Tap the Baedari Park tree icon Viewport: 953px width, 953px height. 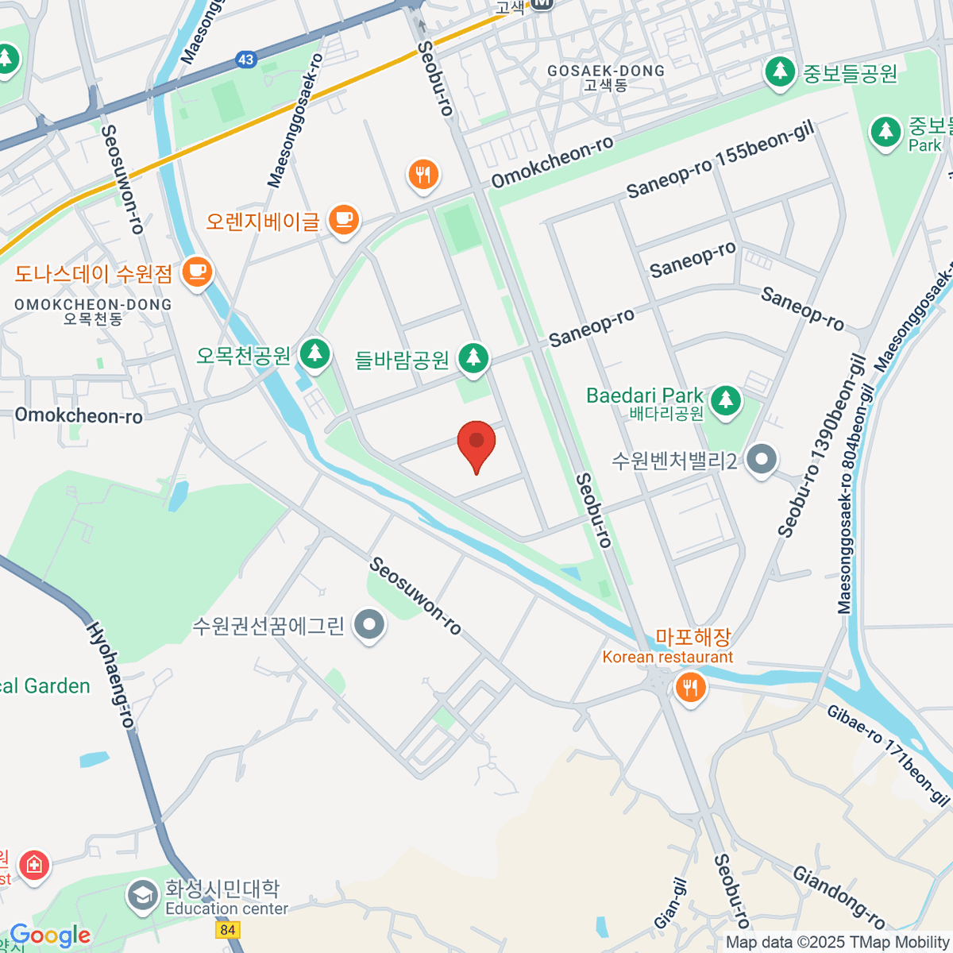pos(725,401)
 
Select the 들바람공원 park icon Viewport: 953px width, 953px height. pos(474,358)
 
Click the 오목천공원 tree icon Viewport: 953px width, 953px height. pos(314,353)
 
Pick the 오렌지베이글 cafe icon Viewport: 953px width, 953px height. pos(343,220)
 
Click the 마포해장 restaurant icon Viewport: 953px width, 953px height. pos(689,686)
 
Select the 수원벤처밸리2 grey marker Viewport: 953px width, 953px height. pos(762,459)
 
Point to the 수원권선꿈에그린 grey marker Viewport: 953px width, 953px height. pos(369,626)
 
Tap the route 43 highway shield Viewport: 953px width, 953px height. pos(245,60)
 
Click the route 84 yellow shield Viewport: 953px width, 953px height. pos(228,929)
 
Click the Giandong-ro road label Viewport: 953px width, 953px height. pos(839,898)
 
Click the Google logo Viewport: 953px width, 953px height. pos(50,936)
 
